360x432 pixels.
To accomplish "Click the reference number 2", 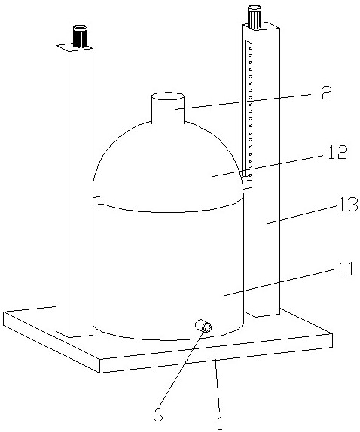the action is [x=327, y=93].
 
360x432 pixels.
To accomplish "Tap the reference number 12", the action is [x=337, y=152].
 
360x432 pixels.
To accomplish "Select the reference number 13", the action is [x=348, y=205].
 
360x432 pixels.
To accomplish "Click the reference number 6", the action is [x=158, y=413].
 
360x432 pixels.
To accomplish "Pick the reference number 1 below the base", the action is [x=220, y=421].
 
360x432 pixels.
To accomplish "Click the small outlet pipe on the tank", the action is [x=203, y=326].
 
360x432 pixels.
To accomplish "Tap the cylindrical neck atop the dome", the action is [x=168, y=108].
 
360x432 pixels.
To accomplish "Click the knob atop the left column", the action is [x=80, y=36].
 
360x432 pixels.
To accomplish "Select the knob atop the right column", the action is [x=255, y=17].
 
